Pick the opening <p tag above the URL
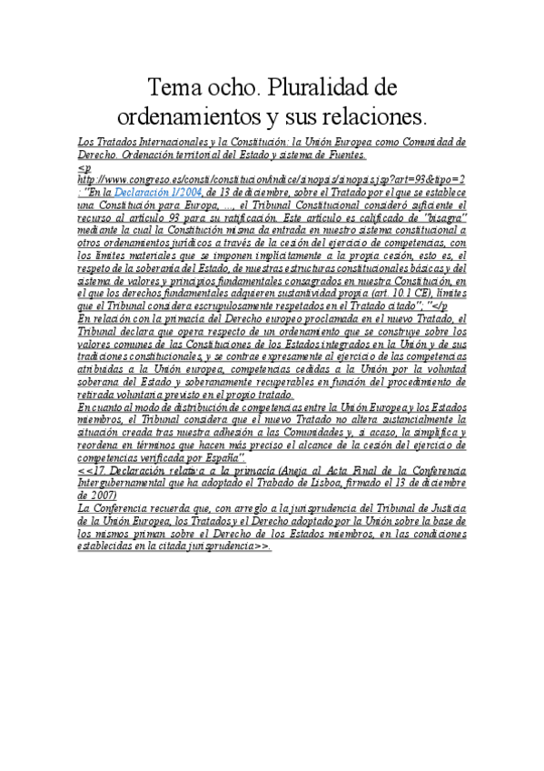tap(84, 168)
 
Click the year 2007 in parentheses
tap(97, 496)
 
